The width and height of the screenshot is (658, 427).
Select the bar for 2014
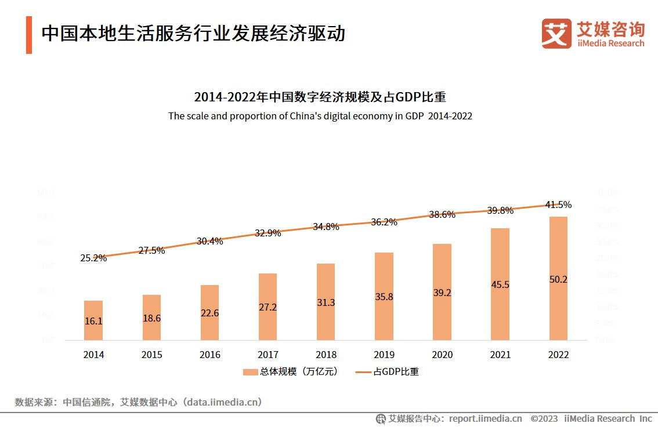pos(93,320)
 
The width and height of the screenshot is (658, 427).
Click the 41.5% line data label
pos(558,205)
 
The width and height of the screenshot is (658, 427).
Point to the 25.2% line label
pos(93,258)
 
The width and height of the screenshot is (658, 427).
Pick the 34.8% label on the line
pos(326,227)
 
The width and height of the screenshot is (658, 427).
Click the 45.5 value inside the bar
pos(500,284)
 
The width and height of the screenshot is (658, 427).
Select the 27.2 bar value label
pos(267,307)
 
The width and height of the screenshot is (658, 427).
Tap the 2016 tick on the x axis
pos(209,355)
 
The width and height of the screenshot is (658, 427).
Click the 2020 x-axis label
pos(442,355)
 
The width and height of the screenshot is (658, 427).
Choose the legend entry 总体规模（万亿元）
pos(290,372)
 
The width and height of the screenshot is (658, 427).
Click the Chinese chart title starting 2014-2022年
pos(320,97)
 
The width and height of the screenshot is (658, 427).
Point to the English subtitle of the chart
pos(320,116)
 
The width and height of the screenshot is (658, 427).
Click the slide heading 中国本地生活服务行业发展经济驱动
pos(193,34)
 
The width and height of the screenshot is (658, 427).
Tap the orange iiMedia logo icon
pos(556,33)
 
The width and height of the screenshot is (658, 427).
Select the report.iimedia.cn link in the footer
pos(485,418)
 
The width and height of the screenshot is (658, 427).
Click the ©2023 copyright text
pos(544,418)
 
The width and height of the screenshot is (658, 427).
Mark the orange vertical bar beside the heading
pos(29,35)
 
